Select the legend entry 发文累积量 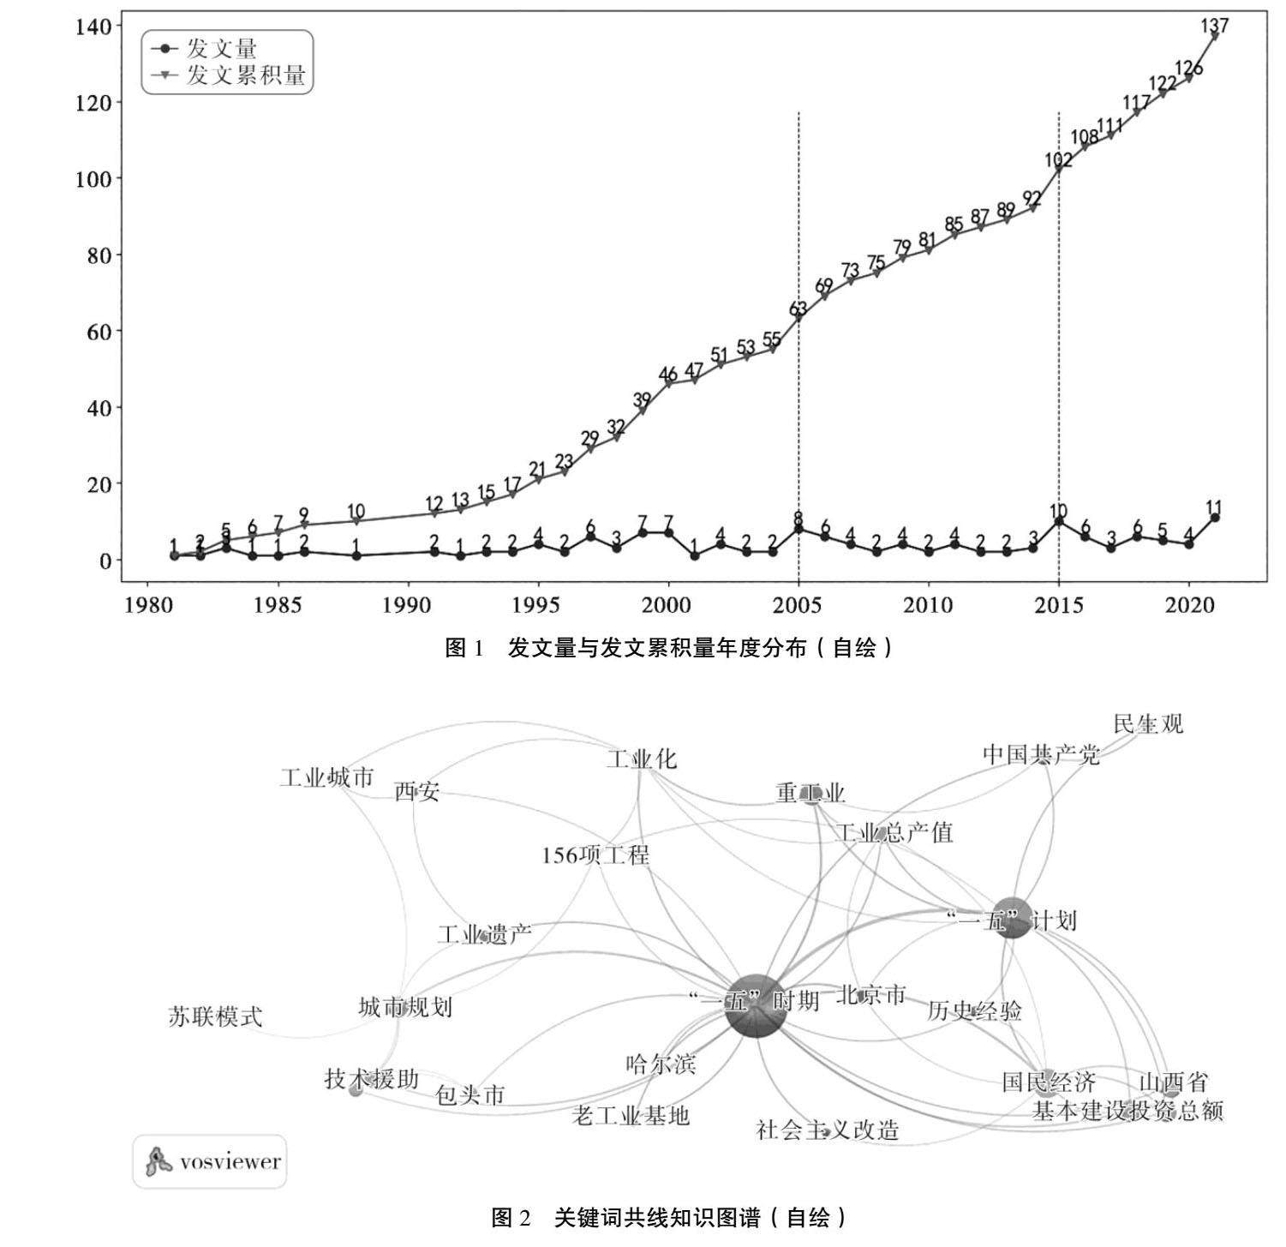[246, 75]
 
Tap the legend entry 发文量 [222, 49]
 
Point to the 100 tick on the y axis [93, 179]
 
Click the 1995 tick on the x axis [538, 606]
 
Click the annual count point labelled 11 [1215, 518]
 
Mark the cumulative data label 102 [1059, 159]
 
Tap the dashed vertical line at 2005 [799, 386]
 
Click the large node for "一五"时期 [755, 1005]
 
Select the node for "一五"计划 [1013, 919]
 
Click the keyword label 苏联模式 [214, 1017]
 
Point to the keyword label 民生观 [1148, 724]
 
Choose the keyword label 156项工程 [595, 855]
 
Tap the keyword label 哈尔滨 [661, 1064]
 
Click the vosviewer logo [210, 1162]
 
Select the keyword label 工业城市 [326, 778]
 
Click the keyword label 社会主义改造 [828, 1130]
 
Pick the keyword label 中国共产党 [1041, 755]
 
